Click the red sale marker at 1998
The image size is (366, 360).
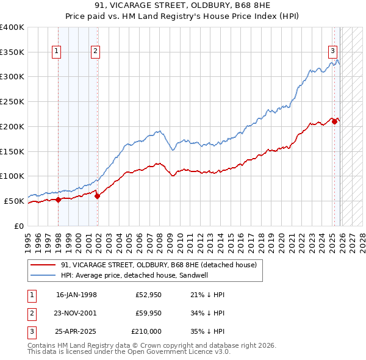click(59, 200)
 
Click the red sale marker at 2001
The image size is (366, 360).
click(97, 196)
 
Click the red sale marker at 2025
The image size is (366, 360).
click(334, 121)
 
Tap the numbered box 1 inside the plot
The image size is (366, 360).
click(56, 52)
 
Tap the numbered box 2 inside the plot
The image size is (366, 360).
click(96, 52)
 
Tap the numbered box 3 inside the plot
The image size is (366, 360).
click(333, 51)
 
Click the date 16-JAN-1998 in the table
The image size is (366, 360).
click(76, 295)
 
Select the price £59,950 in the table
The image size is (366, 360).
click(148, 313)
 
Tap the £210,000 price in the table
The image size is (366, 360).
click(146, 331)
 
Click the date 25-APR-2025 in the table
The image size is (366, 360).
click(76, 331)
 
